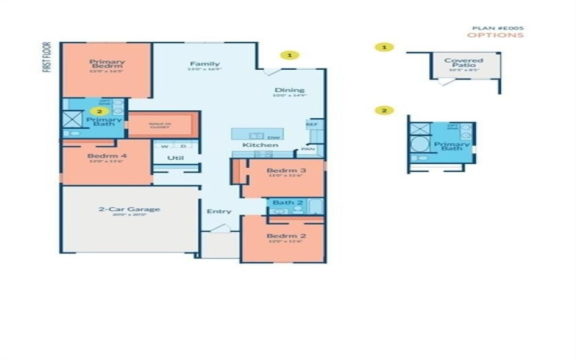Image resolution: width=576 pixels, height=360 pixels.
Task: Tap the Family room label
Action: (204, 64)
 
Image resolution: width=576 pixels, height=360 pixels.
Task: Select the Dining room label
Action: (289, 91)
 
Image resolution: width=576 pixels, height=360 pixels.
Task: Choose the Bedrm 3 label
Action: (283, 171)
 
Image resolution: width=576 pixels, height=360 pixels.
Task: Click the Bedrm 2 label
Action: (282, 236)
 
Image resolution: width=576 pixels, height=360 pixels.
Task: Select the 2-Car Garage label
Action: (130, 210)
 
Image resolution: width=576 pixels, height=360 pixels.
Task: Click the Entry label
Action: (218, 212)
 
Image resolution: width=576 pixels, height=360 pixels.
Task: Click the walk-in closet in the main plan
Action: (160, 125)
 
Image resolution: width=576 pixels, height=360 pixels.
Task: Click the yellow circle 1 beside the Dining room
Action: (289, 54)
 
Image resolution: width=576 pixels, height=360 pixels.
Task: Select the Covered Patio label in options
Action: (464, 64)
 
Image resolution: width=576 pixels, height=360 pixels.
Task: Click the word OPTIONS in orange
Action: (495, 35)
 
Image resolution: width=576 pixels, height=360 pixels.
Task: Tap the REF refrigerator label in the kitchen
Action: (312, 124)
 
